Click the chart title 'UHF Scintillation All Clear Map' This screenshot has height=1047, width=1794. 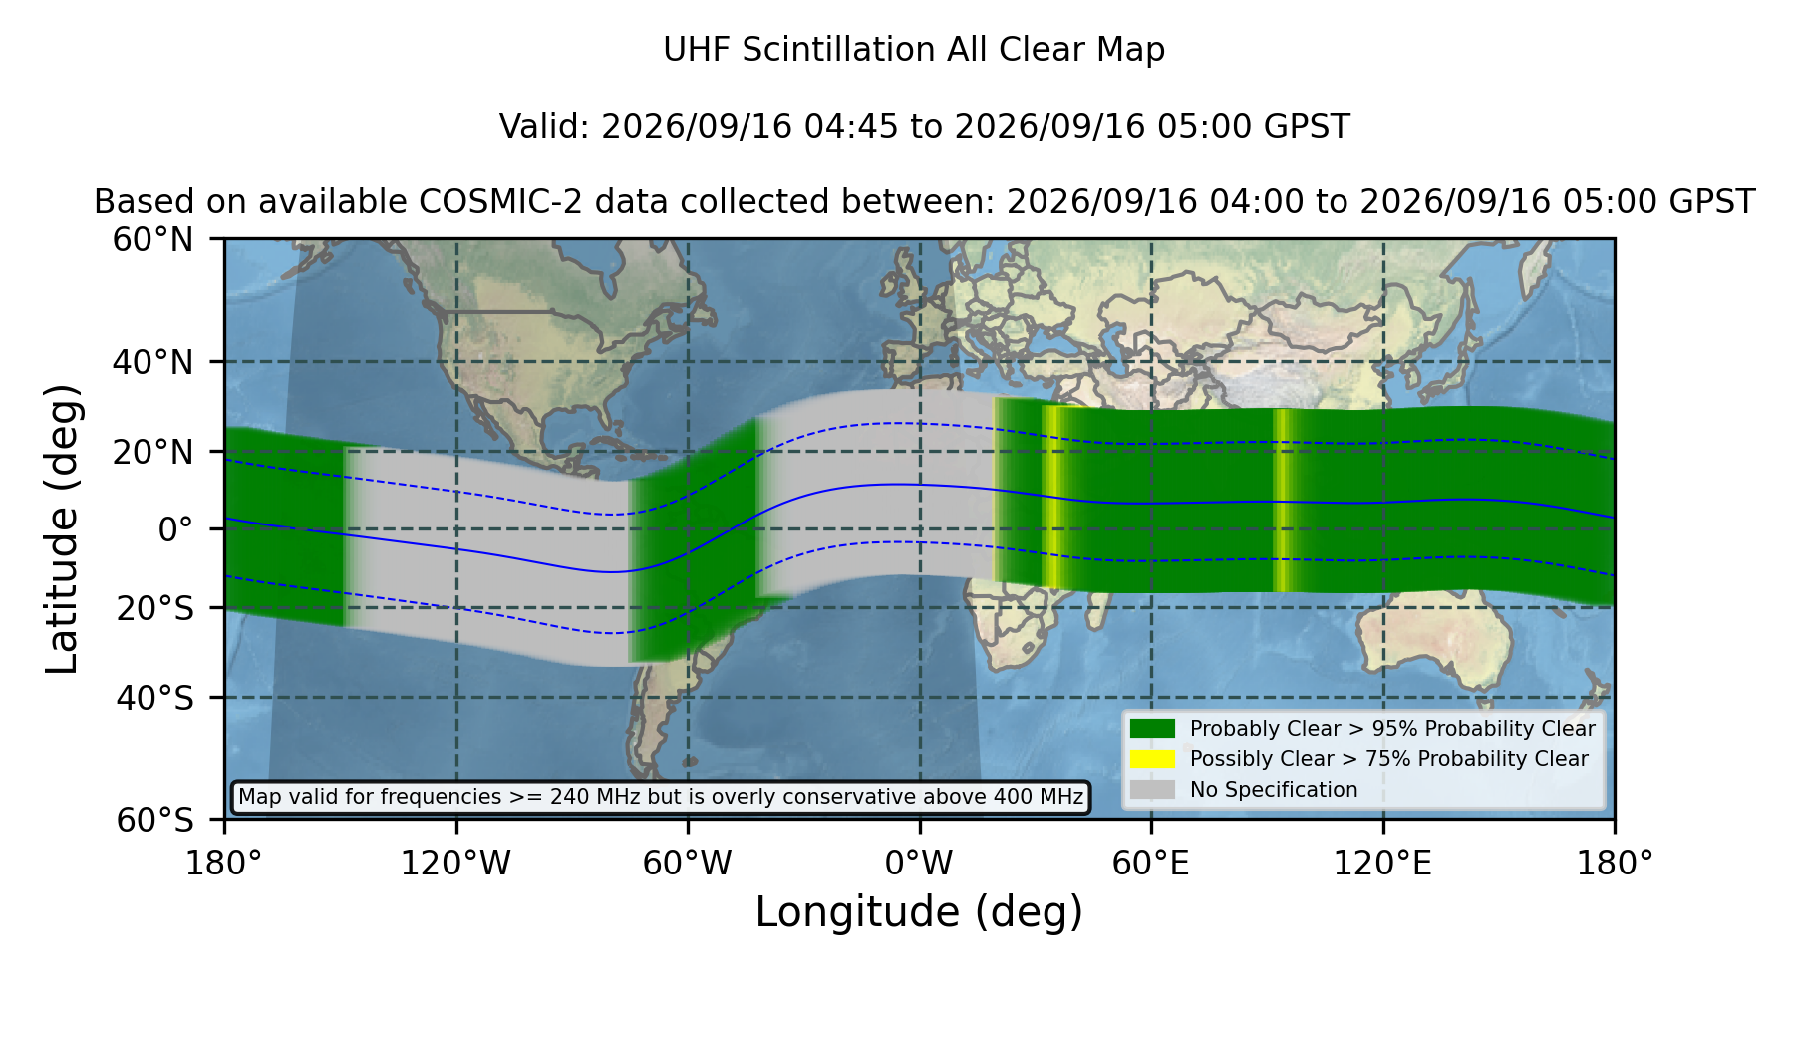pos(914,50)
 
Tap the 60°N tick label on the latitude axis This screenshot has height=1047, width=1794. pos(153,240)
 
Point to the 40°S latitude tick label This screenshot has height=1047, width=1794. pos(154,698)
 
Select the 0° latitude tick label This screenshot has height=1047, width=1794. pos(176,529)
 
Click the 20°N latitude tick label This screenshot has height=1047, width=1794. pos(153,452)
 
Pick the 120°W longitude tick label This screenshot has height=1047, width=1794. pos(455,864)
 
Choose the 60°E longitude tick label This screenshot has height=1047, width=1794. pos(1151,864)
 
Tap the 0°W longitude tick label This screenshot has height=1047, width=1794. pos(919,864)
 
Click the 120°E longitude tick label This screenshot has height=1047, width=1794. pos(1382,864)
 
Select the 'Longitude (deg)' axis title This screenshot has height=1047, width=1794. pos(919,912)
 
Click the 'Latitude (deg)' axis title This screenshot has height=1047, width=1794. pos(63,528)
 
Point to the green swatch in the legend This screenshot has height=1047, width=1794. pos(1152,729)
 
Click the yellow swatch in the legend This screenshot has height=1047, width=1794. pos(1152,759)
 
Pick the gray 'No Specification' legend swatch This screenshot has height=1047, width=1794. pos(1152,790)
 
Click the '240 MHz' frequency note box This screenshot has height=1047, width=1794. pos(661,797)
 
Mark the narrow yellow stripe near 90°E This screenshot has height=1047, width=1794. pos(1283,501)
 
